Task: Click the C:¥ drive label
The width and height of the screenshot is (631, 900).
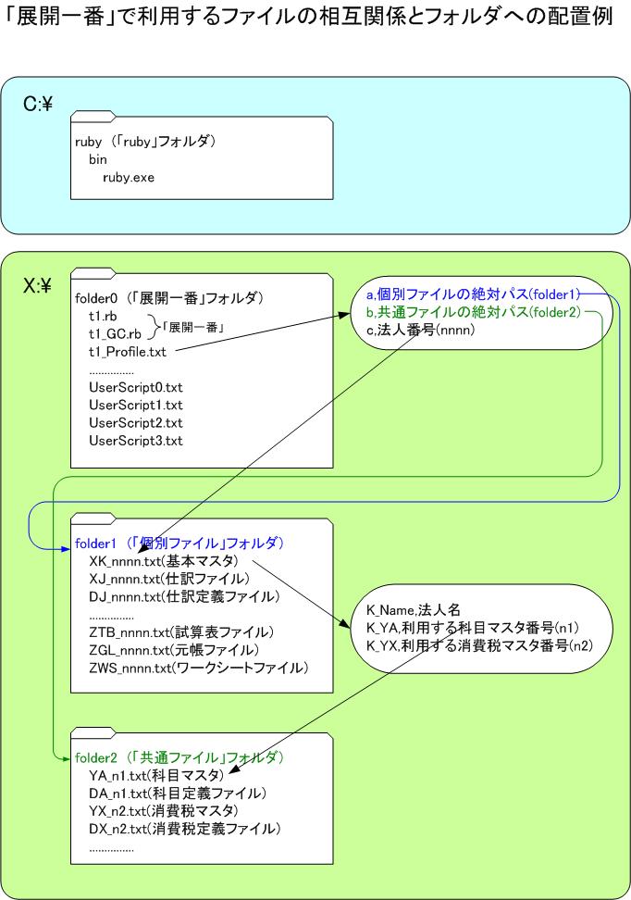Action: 38,104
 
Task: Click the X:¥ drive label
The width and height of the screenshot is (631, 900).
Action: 38,285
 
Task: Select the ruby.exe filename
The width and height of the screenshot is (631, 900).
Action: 129,178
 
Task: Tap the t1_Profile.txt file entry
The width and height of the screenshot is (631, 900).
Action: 128,352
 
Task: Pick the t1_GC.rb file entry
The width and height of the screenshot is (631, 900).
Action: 115,334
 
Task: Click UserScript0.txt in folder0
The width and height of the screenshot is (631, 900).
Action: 136,387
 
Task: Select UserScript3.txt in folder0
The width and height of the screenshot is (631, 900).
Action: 136,441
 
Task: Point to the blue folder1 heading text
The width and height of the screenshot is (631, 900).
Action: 179,543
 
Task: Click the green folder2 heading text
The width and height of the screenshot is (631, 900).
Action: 179,757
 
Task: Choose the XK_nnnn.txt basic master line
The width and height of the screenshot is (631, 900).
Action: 164,561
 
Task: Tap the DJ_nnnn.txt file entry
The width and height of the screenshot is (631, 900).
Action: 184,597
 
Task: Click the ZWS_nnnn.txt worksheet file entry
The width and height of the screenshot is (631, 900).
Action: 199,669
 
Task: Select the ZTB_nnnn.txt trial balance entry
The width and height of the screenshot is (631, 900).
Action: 181,632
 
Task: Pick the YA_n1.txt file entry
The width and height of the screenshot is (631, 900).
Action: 156,775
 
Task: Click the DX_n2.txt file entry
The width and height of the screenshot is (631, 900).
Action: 185,829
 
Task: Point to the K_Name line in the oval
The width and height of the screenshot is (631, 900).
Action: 413,610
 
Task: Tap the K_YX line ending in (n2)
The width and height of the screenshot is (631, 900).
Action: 479,645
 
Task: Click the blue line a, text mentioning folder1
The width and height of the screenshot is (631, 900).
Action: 474,294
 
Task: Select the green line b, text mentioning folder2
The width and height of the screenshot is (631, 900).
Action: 474,312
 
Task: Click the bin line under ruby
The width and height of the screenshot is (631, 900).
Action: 97,159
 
